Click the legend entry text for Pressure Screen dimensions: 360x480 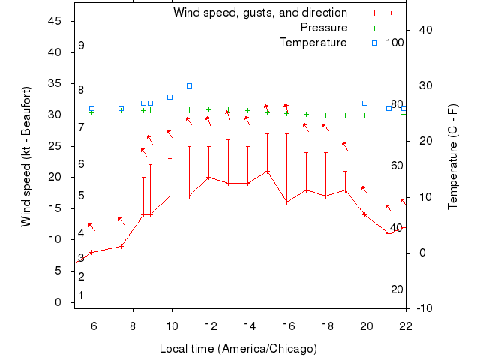coord(324,28)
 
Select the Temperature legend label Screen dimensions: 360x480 coord(313,43)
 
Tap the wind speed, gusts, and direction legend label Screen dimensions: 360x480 coord(260,13)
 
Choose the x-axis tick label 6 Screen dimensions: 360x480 coord(94,325)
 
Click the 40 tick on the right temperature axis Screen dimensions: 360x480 coord(423,30)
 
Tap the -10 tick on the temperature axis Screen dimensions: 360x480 coord(423,308)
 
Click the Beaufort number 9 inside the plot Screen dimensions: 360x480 coord(81,46)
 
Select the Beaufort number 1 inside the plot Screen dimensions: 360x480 coord(81,295)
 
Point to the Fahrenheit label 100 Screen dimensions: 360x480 coord(394,43)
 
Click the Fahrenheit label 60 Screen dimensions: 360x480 coord(397,166)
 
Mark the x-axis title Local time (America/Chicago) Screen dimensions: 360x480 coord(238,349)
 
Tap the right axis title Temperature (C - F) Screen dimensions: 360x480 coord(452,156)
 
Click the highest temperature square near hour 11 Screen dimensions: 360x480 coord(190,86)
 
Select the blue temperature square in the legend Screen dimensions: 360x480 coord(374,43)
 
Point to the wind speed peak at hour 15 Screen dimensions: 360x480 coord(267,171)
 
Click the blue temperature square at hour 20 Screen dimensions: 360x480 coord(365,103)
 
